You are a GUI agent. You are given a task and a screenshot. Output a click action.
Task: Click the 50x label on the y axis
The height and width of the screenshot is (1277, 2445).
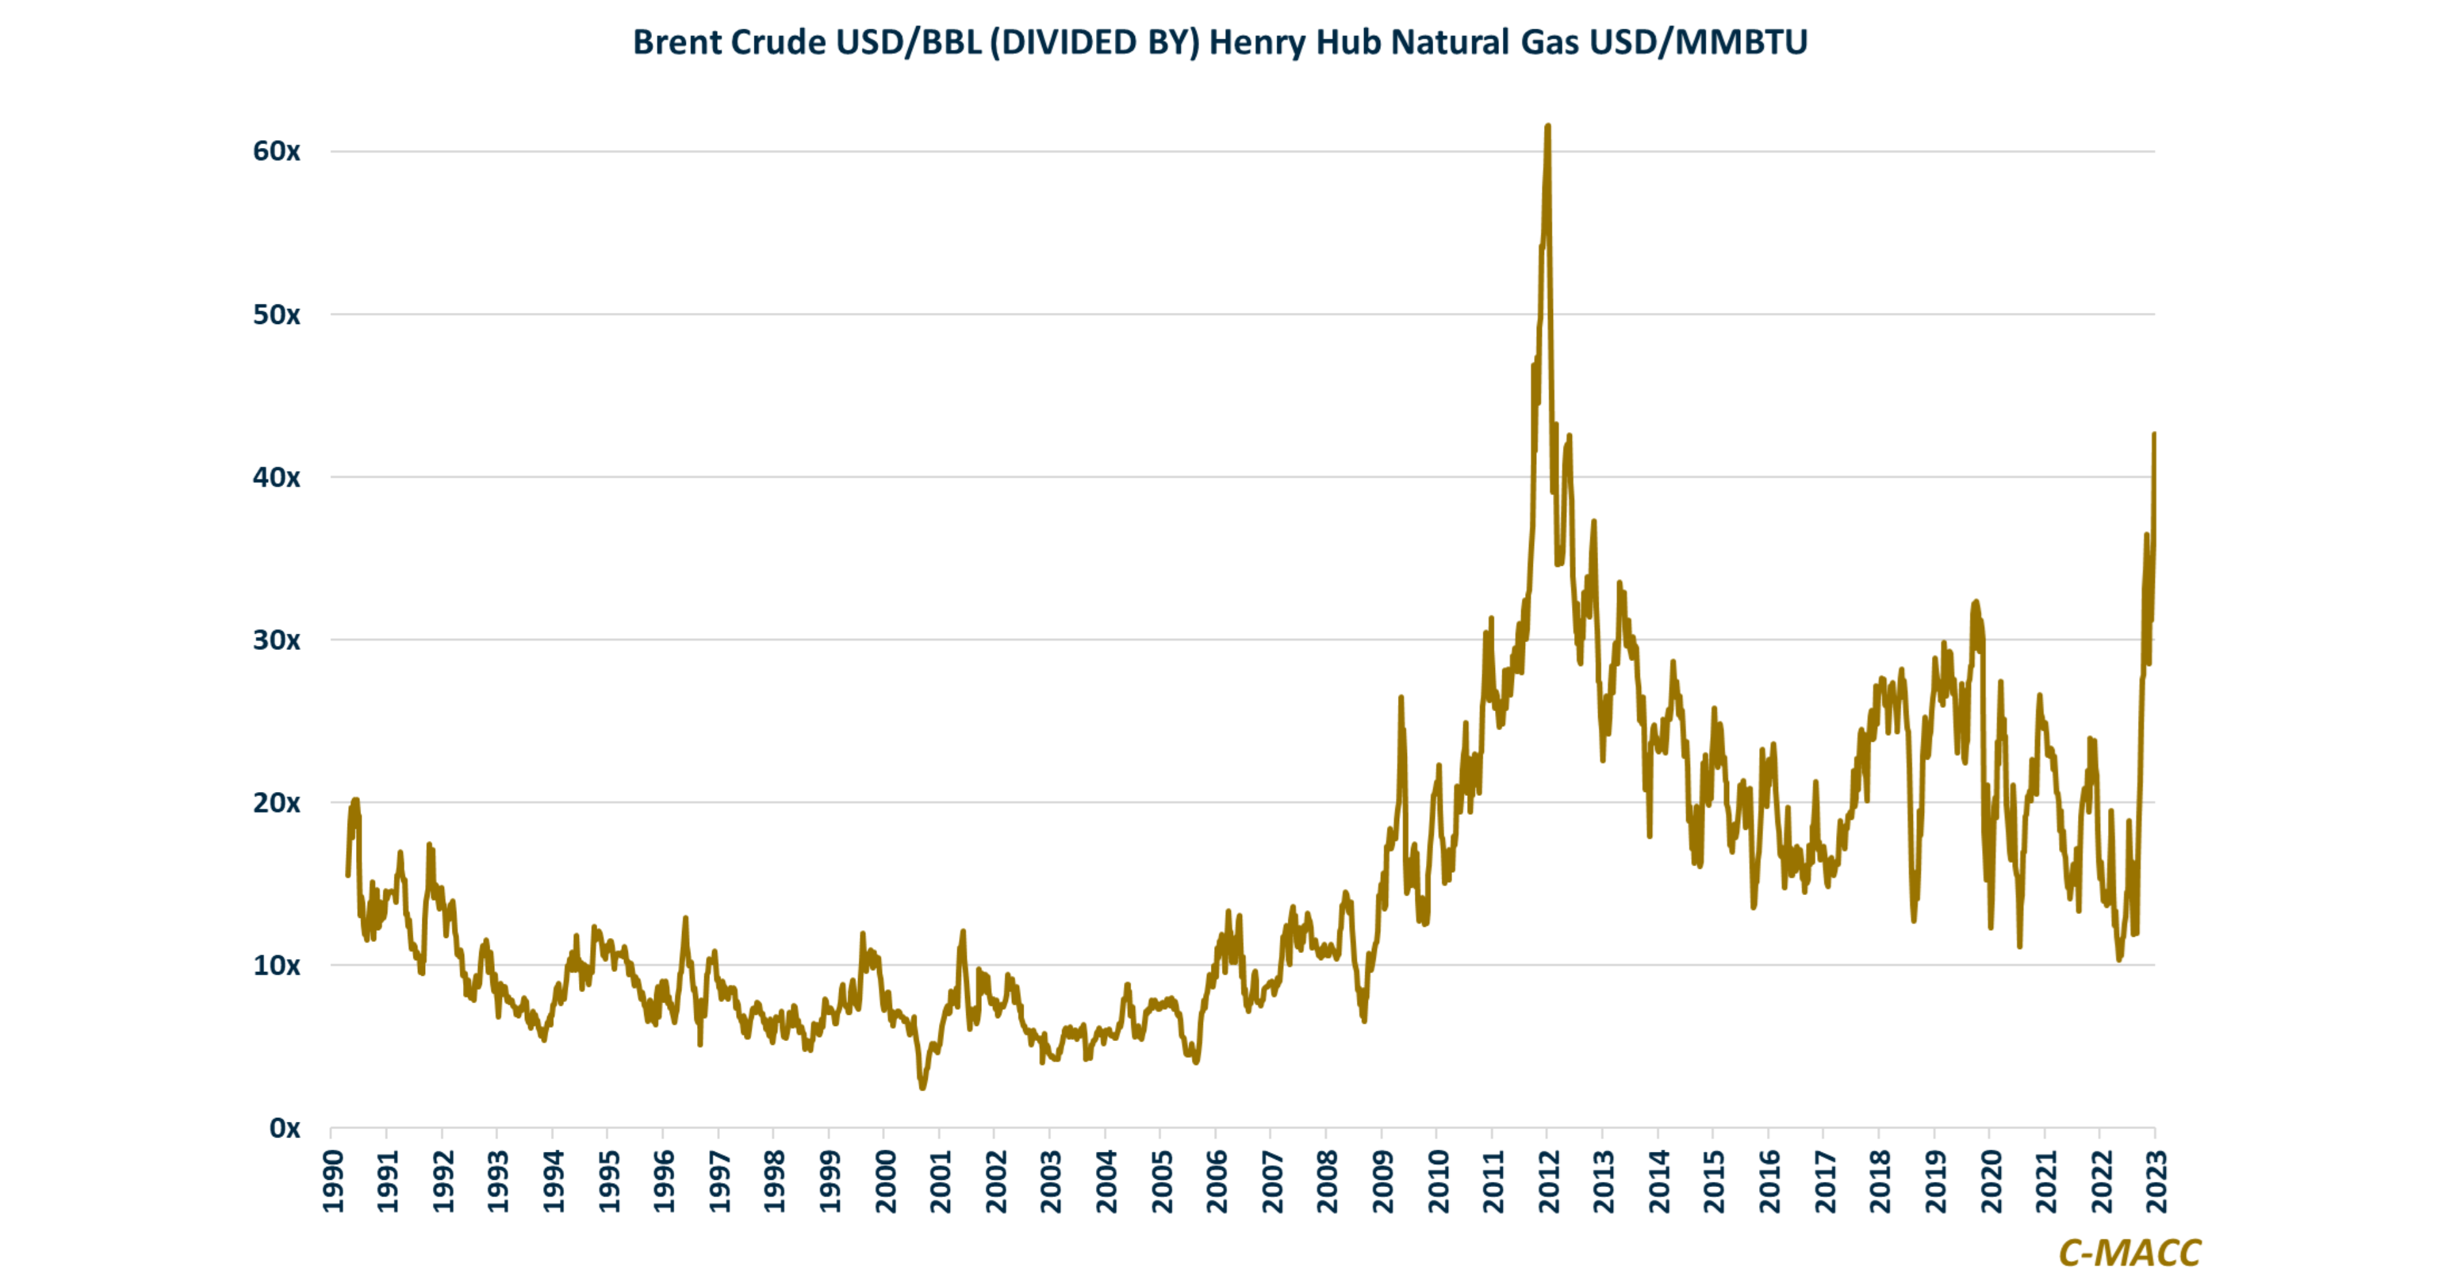(x=276, y=315)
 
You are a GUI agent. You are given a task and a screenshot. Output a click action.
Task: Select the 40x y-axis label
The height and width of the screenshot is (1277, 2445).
(x=276, y=477)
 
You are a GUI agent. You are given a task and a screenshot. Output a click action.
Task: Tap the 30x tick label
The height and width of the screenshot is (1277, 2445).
(x=276, y=640)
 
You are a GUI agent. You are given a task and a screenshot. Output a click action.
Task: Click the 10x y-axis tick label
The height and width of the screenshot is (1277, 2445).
(x=276, y=966)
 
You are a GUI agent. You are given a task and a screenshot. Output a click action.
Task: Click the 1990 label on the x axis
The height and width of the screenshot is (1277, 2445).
(x=333, y=1181)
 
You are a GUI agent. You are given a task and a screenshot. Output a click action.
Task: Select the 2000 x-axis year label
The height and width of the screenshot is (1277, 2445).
(x=885, y=1181)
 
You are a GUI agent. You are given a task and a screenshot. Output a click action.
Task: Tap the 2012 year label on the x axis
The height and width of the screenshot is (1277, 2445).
(x=1549, y=1181)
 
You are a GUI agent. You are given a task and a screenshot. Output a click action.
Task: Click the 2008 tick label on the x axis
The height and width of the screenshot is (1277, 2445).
(x=1328, y=1181)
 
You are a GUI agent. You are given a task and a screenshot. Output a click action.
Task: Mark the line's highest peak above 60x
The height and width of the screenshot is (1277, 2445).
(x=1548, y=126)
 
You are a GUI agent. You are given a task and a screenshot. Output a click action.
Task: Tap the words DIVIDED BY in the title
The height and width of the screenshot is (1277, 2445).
(x=1094, y=42)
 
